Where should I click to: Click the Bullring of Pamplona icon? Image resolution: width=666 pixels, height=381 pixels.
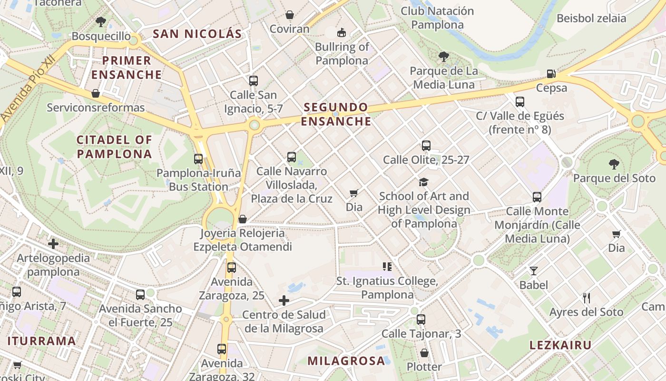[x=341, y=33]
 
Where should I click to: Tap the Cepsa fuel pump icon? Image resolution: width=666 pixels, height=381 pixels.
[x=551, y=74]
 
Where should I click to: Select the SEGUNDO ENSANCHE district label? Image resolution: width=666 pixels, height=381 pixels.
[x=336, y=114]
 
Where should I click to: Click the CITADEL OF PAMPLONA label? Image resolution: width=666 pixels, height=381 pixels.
[x=114, y=147]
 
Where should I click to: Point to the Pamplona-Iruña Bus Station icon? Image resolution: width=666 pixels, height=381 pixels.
[x=198, y=159]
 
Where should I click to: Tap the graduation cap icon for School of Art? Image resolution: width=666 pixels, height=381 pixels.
[x=423, y=182]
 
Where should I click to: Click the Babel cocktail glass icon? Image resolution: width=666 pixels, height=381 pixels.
[x=533, y=271]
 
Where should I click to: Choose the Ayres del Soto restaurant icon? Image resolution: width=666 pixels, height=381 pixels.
[x=586, y=298]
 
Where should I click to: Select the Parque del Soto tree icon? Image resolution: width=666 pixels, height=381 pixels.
[x=614, y=164]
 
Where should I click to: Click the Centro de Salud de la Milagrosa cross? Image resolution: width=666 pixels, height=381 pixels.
[x=284, y=301]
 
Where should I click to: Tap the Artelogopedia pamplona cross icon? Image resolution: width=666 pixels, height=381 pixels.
[x=53, y=244]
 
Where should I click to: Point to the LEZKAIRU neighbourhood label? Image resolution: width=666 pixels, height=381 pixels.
[x=561, y=345]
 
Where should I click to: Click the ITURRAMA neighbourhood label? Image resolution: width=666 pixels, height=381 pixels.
[x=42, y=341]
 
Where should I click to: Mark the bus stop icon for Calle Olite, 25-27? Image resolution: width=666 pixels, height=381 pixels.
[x=426, y=146]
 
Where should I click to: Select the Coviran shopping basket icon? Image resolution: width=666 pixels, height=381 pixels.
[x=289, y=15]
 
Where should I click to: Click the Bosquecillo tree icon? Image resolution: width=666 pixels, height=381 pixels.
[x=100, y=21]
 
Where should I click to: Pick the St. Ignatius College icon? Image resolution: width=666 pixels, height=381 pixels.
[x=387, y=267]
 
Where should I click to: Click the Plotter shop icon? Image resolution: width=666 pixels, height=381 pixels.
[x=424, y=353]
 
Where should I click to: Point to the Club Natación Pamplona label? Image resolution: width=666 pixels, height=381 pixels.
[x=437, y=18]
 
